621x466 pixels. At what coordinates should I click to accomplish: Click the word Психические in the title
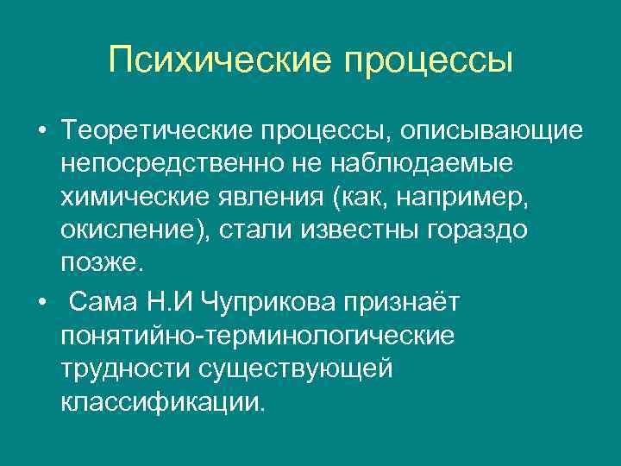click(x=220, y=60)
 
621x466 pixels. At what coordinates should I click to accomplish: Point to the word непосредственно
click(x=165, y=165)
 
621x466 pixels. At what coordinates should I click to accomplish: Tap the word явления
click(x=262, y=198)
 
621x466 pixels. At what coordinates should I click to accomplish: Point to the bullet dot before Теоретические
click(x=41, y=132)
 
